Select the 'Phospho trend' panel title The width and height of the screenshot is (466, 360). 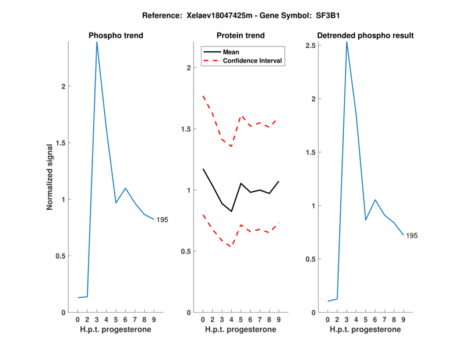point(116,36)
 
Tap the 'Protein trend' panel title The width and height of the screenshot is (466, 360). point(241,36)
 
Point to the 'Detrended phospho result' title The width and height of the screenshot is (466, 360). point(365,36)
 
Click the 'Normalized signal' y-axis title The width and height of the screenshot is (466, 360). point(50,177)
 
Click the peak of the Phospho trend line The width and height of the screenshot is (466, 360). point(97,42)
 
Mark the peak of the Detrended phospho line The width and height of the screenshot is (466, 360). point(347,42)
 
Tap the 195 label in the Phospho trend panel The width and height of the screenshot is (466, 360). point(163,220)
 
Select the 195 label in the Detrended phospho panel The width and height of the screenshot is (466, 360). point(412,235)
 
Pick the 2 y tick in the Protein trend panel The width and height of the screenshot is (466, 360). point(188,68)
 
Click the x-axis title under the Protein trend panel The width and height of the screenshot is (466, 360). point(241,330)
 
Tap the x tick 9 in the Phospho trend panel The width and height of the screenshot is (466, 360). point(154,319)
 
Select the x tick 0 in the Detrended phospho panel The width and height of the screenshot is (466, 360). point(327,319)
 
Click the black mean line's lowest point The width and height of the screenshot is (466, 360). point(231,211)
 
